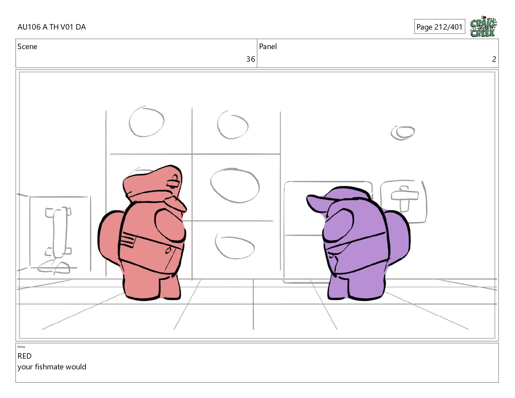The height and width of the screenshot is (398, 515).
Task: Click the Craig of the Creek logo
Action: (483, 27)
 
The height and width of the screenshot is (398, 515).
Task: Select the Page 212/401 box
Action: (440, 27)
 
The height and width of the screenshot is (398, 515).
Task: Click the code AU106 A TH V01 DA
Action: (52, 27)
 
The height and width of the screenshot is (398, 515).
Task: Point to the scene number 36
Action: (250, 59)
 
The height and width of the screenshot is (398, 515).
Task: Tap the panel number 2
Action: (494, 59)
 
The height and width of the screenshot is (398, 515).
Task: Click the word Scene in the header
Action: (27, 46)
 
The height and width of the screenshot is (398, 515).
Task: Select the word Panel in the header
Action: (268, 46)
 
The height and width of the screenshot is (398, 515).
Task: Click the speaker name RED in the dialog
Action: (24, 356)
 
